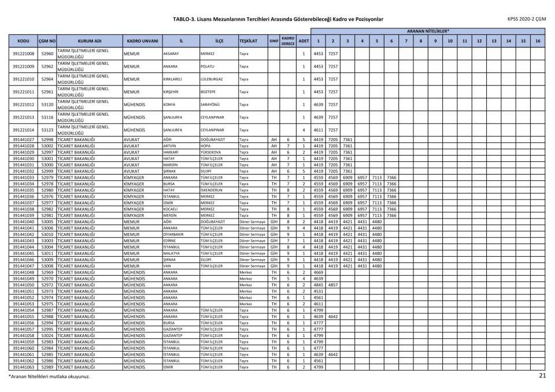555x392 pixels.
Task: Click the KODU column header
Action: coord(24,41)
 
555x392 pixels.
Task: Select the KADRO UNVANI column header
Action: coord(142,41)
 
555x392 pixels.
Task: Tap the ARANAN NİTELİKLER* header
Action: coord(428,31)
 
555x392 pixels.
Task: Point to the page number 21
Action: coord(542,376)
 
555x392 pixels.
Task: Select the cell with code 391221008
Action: coord(24,54)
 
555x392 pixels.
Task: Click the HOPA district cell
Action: coord(205,146)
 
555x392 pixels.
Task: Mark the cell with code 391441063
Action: coord(24,367)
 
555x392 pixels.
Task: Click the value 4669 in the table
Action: coord(318,272)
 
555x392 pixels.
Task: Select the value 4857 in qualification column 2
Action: coord(332,284)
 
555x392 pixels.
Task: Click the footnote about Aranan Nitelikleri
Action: coord(49,376)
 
